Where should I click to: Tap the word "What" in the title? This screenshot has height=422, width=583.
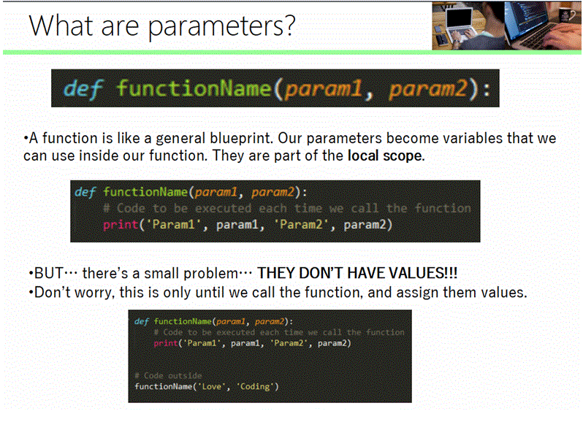[59, 26]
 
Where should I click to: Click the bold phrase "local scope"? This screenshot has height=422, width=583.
[384, 155]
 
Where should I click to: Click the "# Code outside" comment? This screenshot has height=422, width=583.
[168, 375]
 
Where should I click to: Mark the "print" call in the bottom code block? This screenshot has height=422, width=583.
[165, 343]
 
